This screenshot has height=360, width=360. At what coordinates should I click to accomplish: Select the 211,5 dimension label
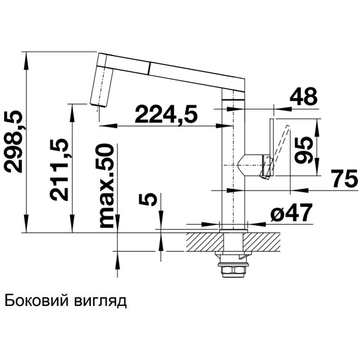point(60,169)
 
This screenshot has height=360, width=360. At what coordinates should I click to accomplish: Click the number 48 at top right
point(303,96)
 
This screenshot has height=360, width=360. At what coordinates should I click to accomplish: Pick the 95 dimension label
point(305,150)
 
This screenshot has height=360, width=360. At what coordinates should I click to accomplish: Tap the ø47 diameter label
point(291,212)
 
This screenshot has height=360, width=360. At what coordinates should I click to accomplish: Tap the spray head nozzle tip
point(98,105)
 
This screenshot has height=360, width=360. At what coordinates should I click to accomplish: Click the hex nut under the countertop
point(233,270)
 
